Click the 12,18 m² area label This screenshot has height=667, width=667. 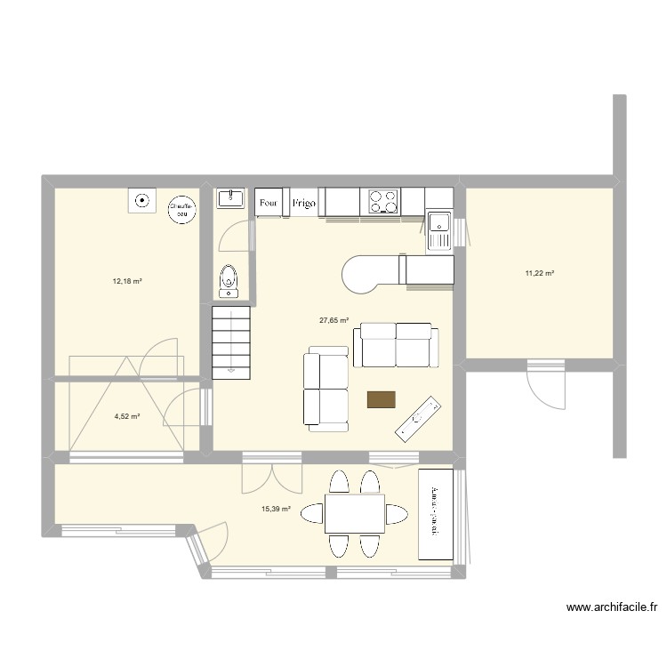[127, 281]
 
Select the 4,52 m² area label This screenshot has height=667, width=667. [127, 415]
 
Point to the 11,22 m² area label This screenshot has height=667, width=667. [540, 273]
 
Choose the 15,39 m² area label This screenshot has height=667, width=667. [276, 509]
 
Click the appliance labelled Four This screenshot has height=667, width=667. [269, 203]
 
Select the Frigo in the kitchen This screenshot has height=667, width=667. [302, 203]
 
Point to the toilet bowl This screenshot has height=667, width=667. [229, 280]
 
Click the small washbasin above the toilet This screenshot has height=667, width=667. [230, 197]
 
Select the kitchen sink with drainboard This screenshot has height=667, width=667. [439, 229]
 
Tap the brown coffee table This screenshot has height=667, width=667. [382, 399]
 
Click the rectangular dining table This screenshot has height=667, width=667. [354, 513]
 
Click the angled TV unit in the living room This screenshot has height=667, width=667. [418, 418]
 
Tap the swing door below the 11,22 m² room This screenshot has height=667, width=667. [545, 384]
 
